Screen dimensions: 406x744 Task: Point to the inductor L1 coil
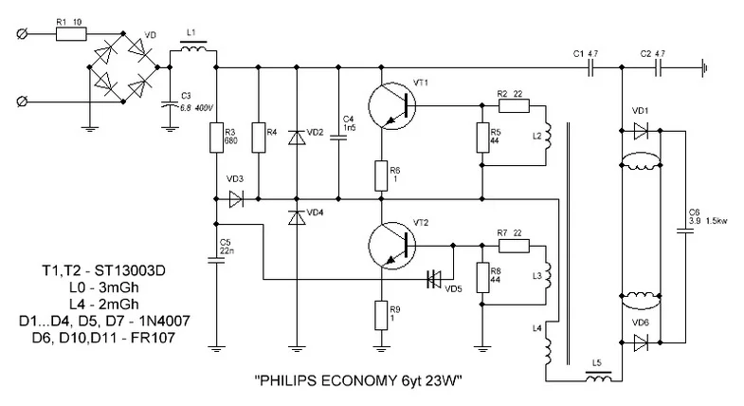tap(194, 49)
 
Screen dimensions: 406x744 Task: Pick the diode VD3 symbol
tap(237, 199)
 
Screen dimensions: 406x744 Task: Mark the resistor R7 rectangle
tap(512, 245)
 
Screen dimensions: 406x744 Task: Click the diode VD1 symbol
tap(643, 130)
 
